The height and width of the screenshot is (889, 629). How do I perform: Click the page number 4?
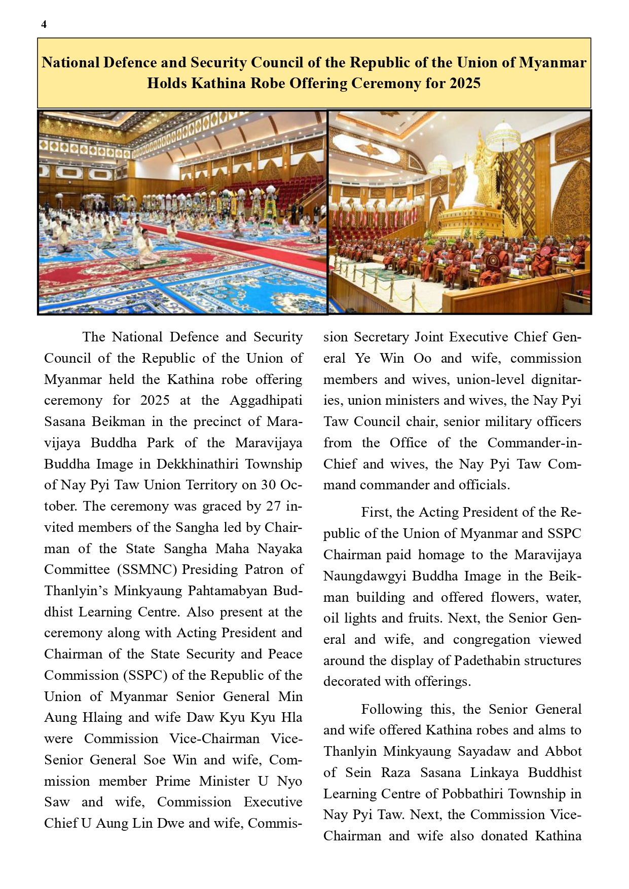click(44, 24)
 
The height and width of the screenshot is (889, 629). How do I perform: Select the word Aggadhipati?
click(266, 401)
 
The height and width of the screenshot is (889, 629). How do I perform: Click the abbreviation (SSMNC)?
click(147, 569)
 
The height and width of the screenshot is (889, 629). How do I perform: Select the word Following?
click(391, 709)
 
